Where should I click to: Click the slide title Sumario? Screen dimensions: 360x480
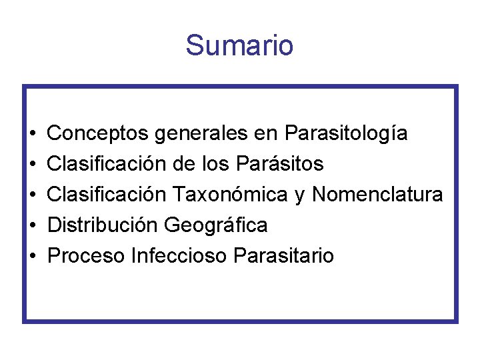pyautogui.click(x=239, y=45)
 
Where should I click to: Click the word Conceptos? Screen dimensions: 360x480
pyautogui.click(x=98, y=133)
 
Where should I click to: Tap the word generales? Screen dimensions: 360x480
pyautogui.click(x=201, y=133)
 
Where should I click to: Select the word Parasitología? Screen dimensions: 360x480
pyautogui.click(x=346, y=133)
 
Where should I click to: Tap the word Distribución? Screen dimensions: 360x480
pyautogui.click(x=103, y=225)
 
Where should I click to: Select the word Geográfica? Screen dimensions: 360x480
pyautogui.click(x=216, y=225)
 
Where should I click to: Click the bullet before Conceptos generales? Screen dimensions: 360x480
pyautogui.click(x=33, y=134)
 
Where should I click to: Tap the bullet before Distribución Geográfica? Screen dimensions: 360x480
pyautogui.click(x=33, y=225)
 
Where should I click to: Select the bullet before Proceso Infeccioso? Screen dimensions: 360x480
pyautogui.click(x=33, y=256)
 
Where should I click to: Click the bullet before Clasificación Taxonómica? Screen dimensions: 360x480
pyautogui.click(x=33, y=195)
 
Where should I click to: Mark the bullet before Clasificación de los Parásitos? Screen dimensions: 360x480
pyautogui.click(x=33, y=164)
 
